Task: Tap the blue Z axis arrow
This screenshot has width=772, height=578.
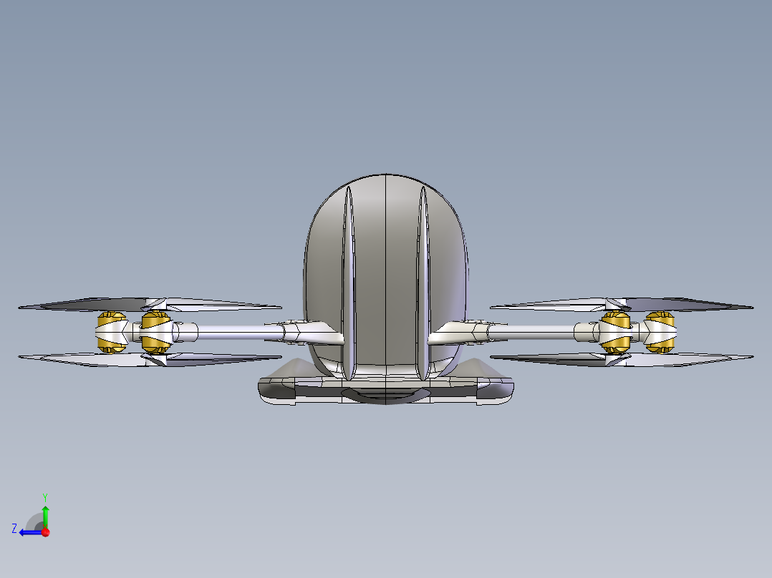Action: click(x=31, y=532)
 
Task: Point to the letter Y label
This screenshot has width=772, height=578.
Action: click(x=45, y=498)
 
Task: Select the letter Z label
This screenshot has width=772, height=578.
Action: click(x=14, y=529)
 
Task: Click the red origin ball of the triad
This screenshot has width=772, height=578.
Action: click(x=46, y=532)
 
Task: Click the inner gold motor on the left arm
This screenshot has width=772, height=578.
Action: click(x=155, y=333)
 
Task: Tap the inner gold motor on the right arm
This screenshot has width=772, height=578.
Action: click(x=615, y=333)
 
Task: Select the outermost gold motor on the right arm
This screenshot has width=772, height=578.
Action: click(x=660, y=333)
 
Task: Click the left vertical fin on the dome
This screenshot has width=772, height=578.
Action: click(x=349, y=284)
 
